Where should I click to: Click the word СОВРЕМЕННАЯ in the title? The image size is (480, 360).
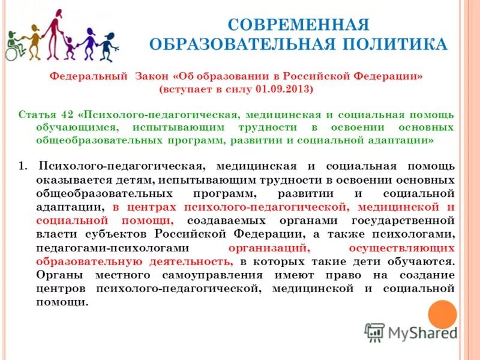click(298, 25)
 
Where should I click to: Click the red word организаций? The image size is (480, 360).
click(269, 247)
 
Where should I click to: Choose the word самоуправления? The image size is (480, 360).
click(197, 275)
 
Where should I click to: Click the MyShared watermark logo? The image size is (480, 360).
click(412, 332)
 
